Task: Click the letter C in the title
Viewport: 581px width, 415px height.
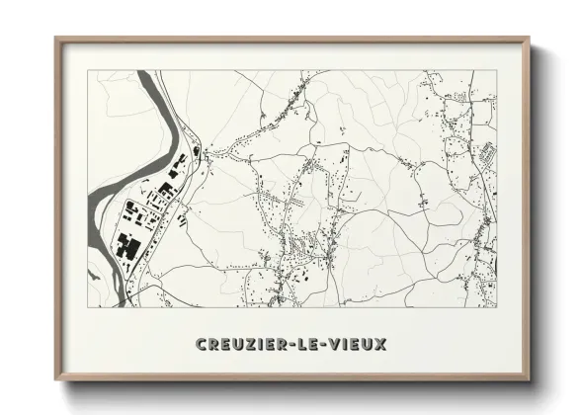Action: [x=202, y=344]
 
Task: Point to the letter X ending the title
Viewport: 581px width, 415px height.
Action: [x=380, y=344]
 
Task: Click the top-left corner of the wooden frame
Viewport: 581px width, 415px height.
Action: [x=55, y=39]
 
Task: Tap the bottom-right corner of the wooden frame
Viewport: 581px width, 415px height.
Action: [x=530, y=380]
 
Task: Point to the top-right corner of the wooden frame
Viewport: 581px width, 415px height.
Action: [x=530, y=39]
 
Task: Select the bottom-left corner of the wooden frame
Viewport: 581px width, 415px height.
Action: [x=55, y=380]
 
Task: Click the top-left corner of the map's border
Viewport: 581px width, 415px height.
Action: [x=88, y=70]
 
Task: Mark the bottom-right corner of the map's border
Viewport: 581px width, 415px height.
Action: [x=497, y=307]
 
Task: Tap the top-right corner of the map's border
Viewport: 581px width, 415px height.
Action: [x=497, y=70]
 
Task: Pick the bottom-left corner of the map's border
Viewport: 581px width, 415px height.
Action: [x=88, y=307]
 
